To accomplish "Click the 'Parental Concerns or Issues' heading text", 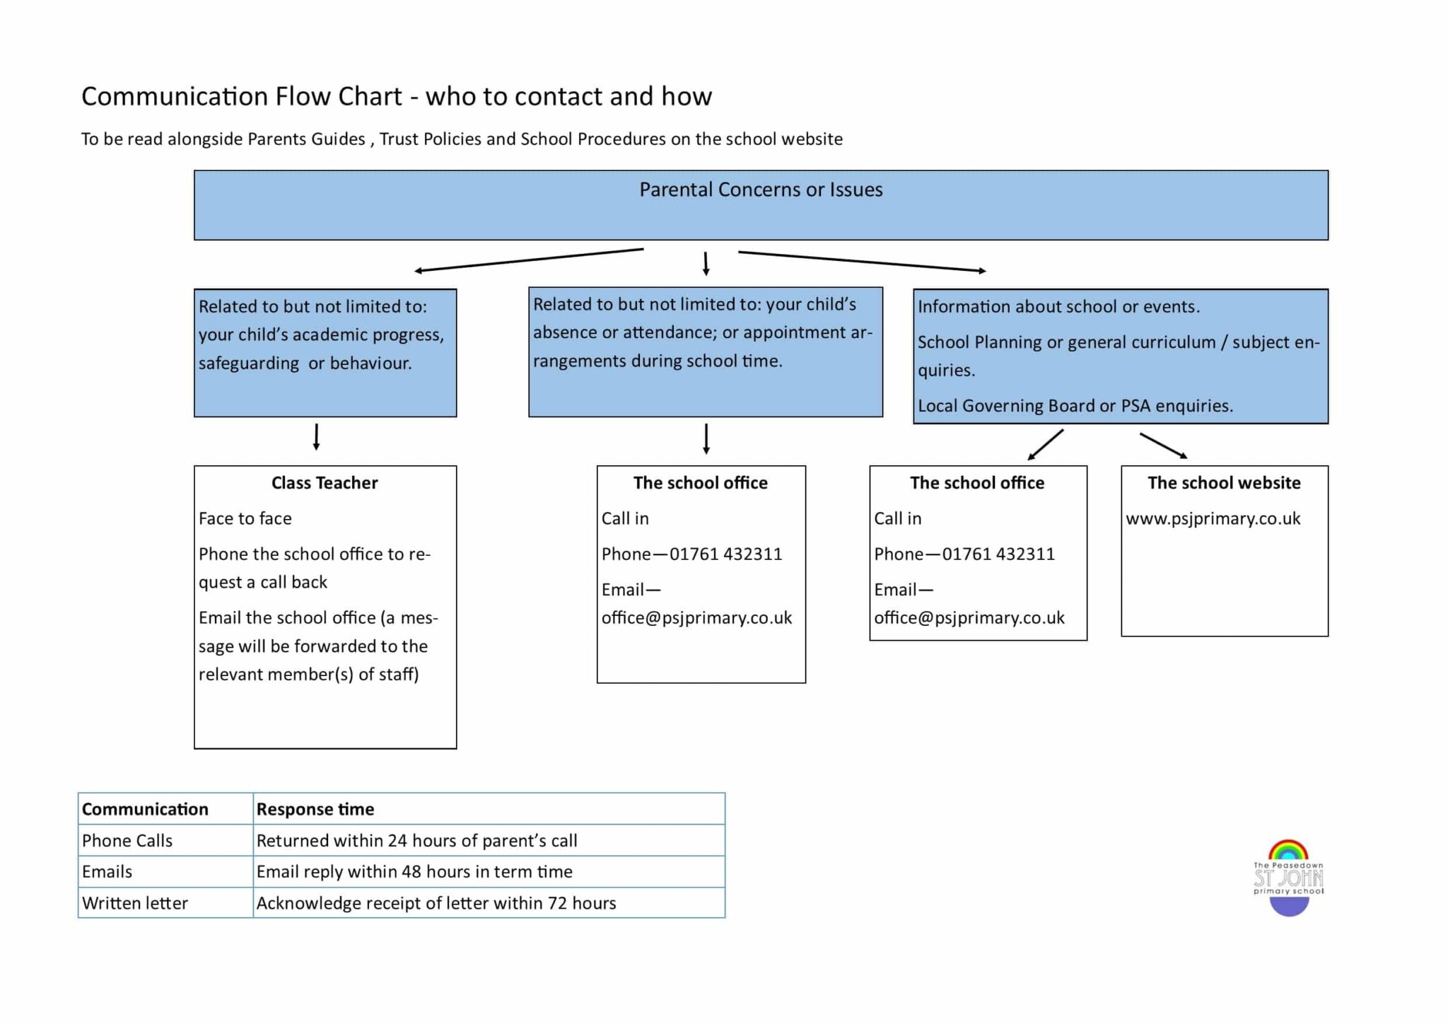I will (761, 190).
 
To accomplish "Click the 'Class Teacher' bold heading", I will (325, 483).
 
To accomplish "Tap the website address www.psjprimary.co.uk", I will (1213, 518).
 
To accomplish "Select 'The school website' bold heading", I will (1224, 483).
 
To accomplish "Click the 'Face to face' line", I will (245, 518).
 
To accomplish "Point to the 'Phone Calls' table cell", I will (127, 840).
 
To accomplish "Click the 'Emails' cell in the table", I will (107, 871).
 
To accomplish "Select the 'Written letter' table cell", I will (135, 903).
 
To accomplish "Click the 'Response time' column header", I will (315, 809).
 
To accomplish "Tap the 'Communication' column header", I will (145, 809).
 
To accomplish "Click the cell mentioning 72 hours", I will (436, 903).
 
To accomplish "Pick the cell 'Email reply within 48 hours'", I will (414, 871).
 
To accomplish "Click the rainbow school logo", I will (1288, 878).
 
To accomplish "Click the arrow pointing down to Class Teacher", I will (316, 437).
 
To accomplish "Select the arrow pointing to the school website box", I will (1163, 446).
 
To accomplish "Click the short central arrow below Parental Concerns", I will (706, 263).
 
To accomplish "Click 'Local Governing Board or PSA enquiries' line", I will (1075, 406).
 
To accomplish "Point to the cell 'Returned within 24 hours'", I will (416, 840).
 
